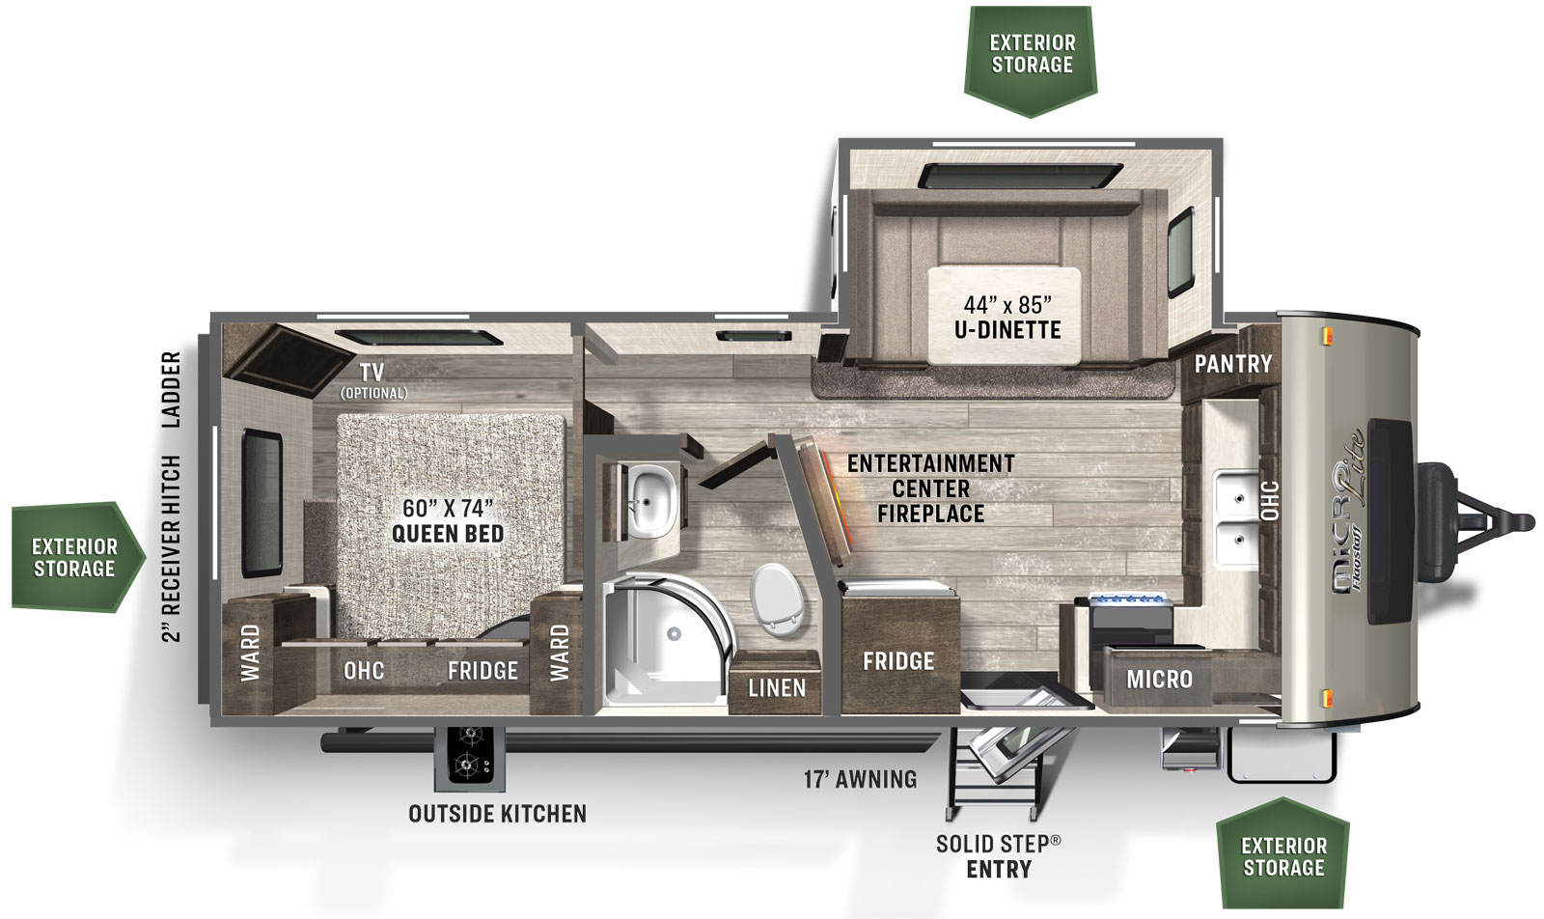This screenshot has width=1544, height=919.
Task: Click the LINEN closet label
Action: pos(777,687)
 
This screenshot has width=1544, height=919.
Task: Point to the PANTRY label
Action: pos(1232,364)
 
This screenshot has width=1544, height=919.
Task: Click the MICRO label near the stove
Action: pos(1159,680)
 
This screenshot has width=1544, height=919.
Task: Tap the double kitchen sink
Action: pos(1234,519)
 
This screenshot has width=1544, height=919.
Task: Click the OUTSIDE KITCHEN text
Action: pos(497,814)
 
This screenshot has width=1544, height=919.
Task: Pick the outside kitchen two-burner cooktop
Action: pos(469,757)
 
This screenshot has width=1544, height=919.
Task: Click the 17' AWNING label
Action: pos(861,779)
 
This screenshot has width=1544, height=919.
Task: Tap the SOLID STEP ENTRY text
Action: pos(998,856)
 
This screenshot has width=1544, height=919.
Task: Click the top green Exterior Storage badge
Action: pos(1032,55)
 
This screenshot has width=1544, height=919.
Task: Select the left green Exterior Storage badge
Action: pos(74,557)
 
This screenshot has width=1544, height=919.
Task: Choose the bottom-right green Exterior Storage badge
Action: pos(1283,855)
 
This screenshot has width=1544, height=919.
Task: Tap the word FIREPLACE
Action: pos(930,514)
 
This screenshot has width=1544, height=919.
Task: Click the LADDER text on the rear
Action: pos(172,389)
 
